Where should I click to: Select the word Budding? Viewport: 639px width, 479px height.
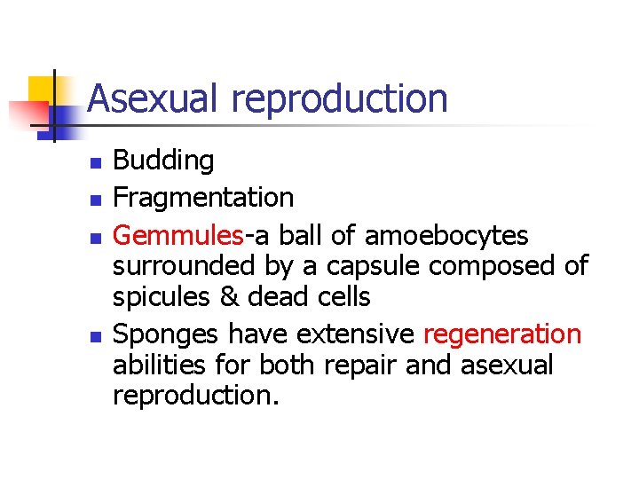click(163, 161)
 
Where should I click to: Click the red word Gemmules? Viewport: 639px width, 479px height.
click(178, 236)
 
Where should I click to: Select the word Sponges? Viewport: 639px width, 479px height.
click(167, 335)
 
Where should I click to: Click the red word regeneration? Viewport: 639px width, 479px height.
click(502, 335)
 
